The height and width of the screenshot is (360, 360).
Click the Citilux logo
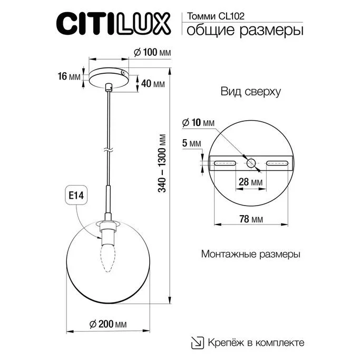pos(113,24)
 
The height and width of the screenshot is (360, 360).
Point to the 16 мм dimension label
pos(69,77)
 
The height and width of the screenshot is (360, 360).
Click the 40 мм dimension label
pos(153,84)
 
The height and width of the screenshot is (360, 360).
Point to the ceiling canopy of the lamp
pos(109,76)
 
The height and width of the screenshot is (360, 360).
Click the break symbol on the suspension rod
pos(108,150)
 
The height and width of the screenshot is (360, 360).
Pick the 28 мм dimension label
pos(251,182)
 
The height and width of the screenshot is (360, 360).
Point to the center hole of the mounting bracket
pos(251,163)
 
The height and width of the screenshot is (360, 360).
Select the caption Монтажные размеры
pos(251,254)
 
